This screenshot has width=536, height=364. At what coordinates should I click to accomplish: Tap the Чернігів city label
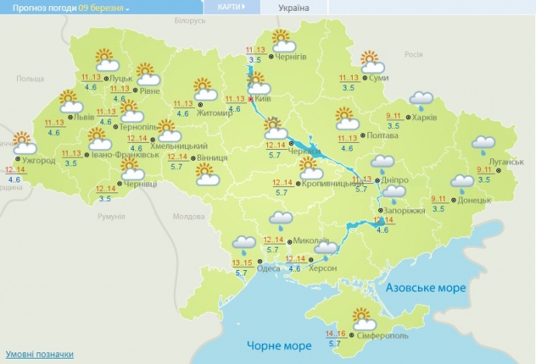click(291, 57)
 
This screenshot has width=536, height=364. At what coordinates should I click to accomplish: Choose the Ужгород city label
click(39, 161)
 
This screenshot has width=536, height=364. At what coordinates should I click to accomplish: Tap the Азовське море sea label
click(426, 288)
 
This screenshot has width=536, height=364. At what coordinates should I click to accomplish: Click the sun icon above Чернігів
click(280, 38)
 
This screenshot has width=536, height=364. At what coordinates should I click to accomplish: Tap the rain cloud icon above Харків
click(421, 99)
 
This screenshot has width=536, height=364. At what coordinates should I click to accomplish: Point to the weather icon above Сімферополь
click(362, 317)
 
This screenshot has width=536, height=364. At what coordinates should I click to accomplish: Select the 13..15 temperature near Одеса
click(241, 263)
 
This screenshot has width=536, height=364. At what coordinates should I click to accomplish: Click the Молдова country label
click(186, 217)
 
